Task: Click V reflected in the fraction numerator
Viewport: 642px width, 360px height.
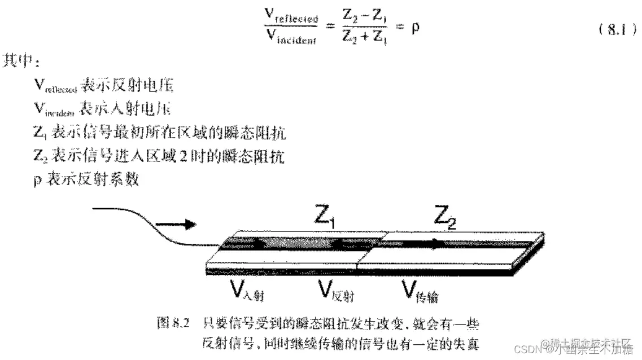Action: (x=291, y=17)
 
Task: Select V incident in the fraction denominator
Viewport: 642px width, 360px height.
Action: (x=291, y=39)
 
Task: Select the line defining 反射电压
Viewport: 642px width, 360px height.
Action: (x=103, y=85)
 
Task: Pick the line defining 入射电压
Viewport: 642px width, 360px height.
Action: (x=103, y=109)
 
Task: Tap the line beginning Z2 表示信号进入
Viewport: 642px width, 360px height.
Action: (x=159, y=156)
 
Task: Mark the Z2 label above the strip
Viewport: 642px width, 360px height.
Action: (x=444, y=217)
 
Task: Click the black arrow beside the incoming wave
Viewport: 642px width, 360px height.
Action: (x=181, y=225)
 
